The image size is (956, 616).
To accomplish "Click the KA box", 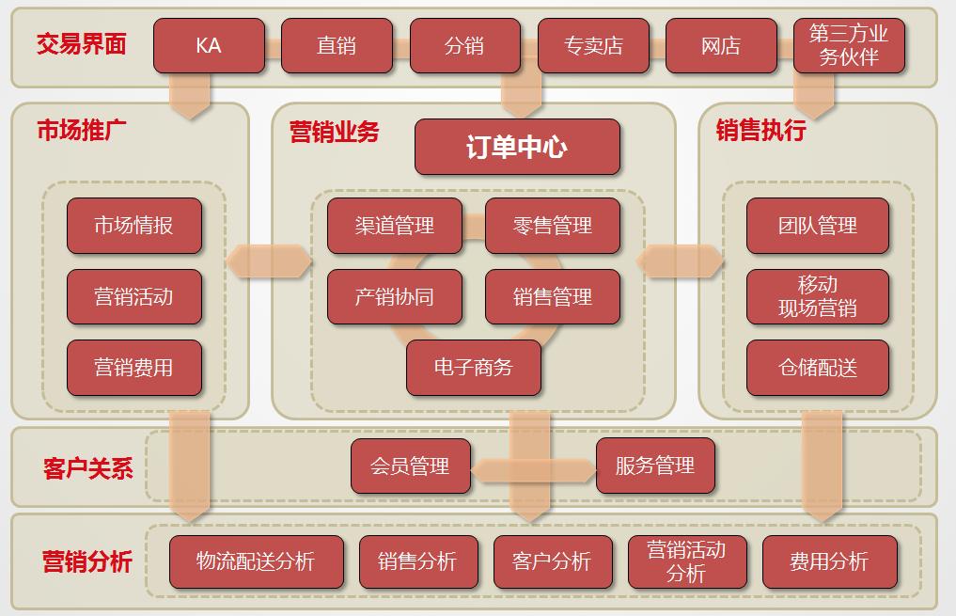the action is [x=209, y=46].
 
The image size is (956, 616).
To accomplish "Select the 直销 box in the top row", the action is [x=337, y=46].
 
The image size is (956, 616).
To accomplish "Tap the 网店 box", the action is [x=721, y=46].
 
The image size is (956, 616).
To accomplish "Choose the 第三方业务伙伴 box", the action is [x=849, y=46].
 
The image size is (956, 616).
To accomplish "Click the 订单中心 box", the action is [x=518, y=147].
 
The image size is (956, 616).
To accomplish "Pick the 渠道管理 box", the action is [x=395, y=226].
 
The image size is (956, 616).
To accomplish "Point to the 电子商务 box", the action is [x=474, y=368].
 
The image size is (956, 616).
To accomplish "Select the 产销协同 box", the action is [x=395, y=297].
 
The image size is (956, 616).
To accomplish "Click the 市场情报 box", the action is [x=134, y=226].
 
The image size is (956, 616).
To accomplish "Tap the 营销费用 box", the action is [x=134, y=368].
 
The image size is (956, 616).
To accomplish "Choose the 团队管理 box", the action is [x=818, y=226].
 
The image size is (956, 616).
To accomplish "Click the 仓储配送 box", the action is [x=818, y=368].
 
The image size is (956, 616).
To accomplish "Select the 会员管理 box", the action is [x=411, y=466].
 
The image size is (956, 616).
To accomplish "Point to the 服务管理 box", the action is [x=655, y=466].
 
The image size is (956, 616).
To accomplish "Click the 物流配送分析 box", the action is [x=256, y=561].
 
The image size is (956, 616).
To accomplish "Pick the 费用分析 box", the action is [x=830, y=561].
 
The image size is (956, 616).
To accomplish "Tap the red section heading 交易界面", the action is [x=81, y=44].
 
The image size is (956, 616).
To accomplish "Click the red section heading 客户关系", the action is [x=87, y=468].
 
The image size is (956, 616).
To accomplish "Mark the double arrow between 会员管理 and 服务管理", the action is [x=534, y=470].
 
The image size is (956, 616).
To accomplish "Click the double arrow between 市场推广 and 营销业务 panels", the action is [x=269, y=261].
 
